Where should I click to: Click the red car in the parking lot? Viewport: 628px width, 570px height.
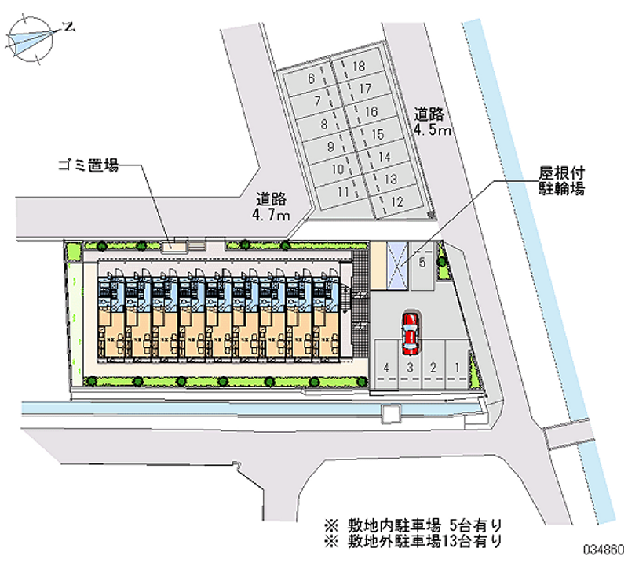pyautogui.click(x=409, y=332)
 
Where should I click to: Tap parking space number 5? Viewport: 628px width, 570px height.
pyautogui.click(x=422, y=263)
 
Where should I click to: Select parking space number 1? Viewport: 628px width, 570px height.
pyautogui.click(x=457, y=366)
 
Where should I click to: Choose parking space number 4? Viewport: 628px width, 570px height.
pyautogui.click(x=386, y=366)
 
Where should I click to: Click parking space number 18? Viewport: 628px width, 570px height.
pyautogui.click(x=359, y=67)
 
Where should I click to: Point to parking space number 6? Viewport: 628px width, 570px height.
pyautogui.click(x=312, y=78)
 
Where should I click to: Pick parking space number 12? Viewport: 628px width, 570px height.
pyautogui.click(x=396, y=201)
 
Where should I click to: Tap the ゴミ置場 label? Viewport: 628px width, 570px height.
pyautogui.click(x=88, y=165)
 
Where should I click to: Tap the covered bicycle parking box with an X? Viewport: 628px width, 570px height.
pyautogui.click(x=397, y=267)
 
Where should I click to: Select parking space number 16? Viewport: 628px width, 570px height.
pyautogui.click(x=371, y=111)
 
